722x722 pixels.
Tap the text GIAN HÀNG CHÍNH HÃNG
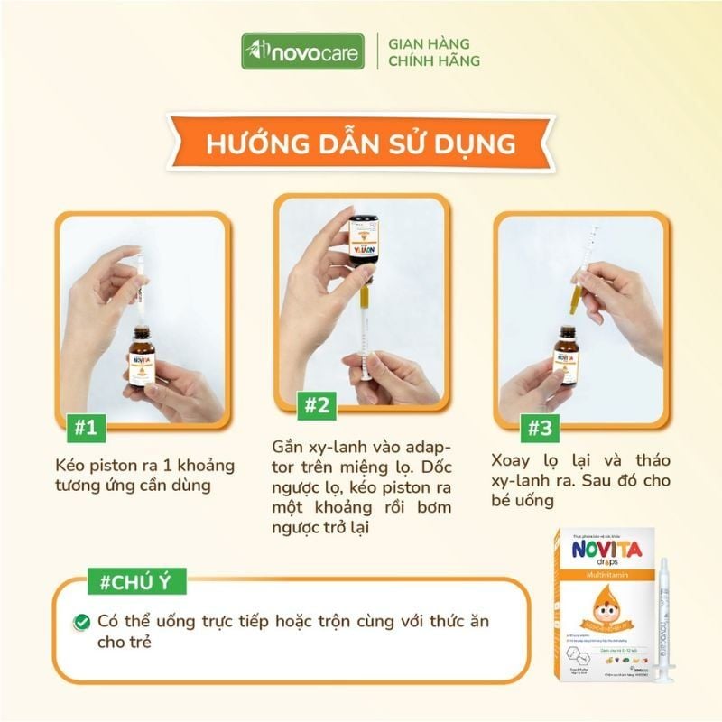coord(433,52)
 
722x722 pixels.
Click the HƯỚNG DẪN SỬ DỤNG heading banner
coord(361,144)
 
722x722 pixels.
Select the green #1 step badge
coord(85,427)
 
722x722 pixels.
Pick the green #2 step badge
coord(315,406)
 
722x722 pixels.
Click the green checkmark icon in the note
coord(82,622)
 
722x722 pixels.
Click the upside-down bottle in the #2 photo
coord(366,244)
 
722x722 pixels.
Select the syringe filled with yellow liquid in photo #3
coord(580,280)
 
